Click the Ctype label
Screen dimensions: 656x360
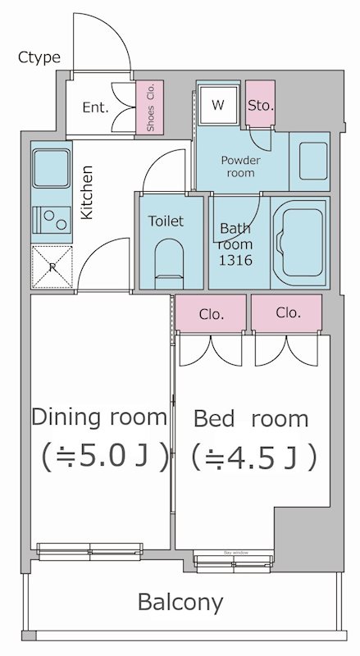click(39, 57)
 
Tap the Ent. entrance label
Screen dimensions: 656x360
click(95, 107)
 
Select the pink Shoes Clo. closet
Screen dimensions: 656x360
click(150, 107)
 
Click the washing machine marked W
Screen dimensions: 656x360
click(218, 105)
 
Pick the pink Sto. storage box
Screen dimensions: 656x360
click(261, 105)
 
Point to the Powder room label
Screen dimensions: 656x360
click(239, 166)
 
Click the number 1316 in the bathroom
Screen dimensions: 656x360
click(235, 260)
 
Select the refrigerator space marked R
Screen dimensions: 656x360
click(51, 266)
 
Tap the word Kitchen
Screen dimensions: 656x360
click(88, 192)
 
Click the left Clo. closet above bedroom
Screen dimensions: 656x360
click(211, 312)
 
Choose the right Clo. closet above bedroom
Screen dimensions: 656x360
click(287, 312)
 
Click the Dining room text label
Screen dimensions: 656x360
click(98, 417)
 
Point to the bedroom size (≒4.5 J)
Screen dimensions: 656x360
click(253, 457)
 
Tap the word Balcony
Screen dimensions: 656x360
click(180, 603)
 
